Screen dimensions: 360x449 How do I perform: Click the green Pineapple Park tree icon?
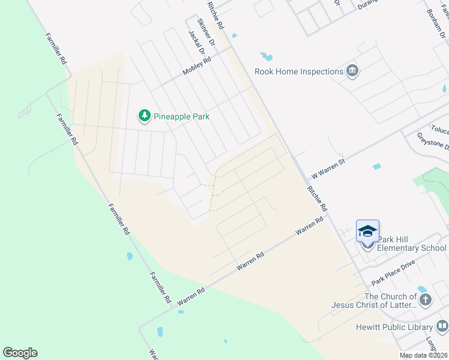(144, 115)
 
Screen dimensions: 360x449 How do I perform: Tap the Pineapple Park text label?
(182, 116)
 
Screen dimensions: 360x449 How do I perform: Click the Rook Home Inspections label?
(298, 72)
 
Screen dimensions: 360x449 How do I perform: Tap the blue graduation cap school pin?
(367, 232)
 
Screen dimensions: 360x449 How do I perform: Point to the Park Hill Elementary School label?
(413, 248)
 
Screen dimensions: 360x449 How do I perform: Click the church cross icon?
(425, 300)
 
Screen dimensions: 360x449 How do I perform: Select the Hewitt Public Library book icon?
(442, 326)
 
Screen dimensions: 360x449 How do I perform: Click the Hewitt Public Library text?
(390, 327)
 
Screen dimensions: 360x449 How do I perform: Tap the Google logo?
(20, 353)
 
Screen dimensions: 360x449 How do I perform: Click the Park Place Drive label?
(393, 273)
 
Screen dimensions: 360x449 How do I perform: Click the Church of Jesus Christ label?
(373, 301)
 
